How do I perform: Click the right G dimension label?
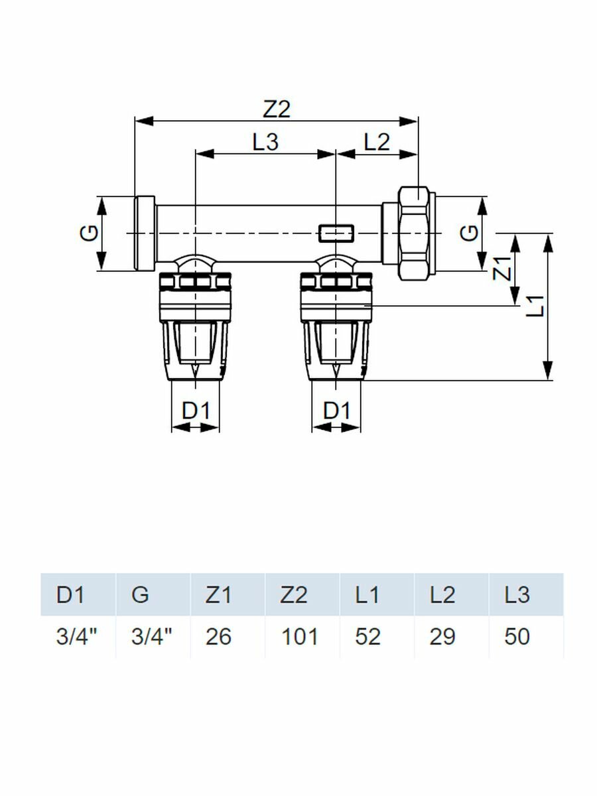(469, 233)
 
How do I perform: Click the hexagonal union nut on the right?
(413, 233)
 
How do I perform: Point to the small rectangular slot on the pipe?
(336, 233)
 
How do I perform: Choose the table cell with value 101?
(298, 637)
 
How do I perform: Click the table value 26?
(218, 637)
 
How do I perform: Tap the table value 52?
(367, 637)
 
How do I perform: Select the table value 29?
(442, 637)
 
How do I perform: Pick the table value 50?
(517, 637)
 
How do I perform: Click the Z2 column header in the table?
(294, 595)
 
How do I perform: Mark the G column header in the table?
(141, 595)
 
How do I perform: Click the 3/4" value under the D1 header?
(77, 637)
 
